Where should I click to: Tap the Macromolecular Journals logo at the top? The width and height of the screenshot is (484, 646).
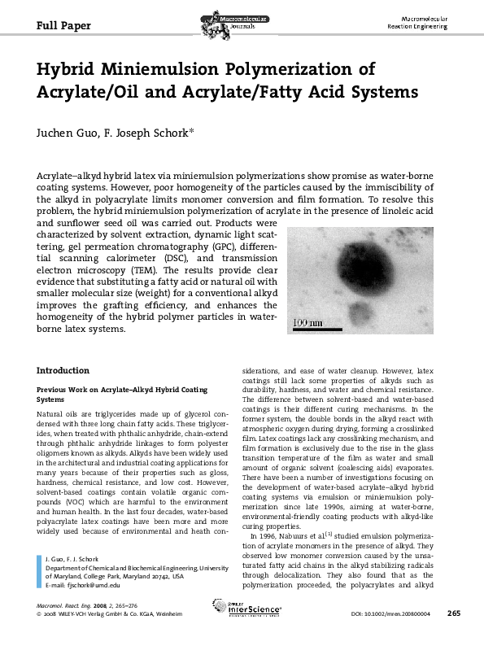[242, 18]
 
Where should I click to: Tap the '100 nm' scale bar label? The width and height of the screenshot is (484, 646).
[307, 323]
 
